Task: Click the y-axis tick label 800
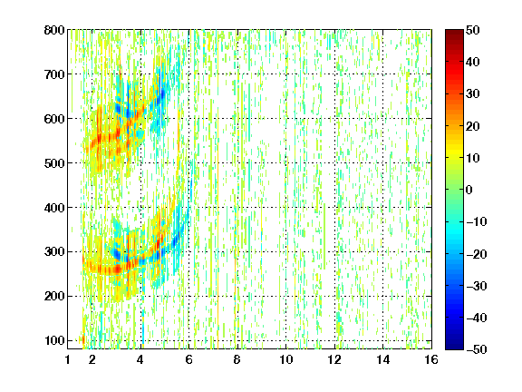coord(54,30)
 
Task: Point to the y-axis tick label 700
coord(54,74)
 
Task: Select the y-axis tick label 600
coord(54,119)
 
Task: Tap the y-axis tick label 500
coord(54,163)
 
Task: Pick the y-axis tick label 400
coord(54,208)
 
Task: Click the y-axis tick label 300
coord(54,252)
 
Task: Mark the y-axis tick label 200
coord(54,297)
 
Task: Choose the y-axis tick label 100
coord(54,340)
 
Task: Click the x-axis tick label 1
coord(68,359)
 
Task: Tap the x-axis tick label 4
coord(140,359)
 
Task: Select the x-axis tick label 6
coord(188,359)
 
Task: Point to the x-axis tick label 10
coord(286,359)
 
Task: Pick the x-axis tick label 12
coord(334,359)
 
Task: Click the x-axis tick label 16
coord(431,359)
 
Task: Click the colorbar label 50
coord(473,30)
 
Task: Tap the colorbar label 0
coord(469,190)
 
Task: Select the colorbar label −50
coord(477,349)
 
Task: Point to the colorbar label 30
coord(473,94)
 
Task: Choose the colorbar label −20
coord(477,254)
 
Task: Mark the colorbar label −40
coord(477,318)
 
